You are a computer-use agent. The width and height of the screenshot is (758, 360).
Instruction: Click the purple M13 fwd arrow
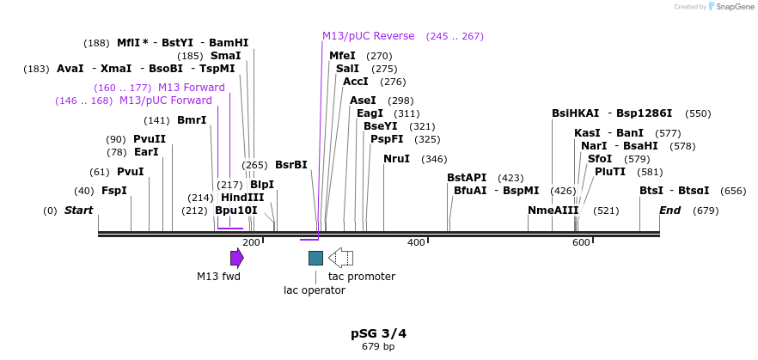[236, 258]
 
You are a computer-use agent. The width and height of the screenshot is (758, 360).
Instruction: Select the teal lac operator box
[315, 258]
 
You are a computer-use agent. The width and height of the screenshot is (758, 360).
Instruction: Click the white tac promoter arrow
[341, 258]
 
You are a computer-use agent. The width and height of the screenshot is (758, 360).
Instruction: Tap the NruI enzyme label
[396, 159]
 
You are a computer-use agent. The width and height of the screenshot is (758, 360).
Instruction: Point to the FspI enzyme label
[114, 191]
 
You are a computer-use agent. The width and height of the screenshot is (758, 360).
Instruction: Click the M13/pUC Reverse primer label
[368, 36]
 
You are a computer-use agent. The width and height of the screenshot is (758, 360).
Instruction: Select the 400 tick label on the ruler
[416, 243]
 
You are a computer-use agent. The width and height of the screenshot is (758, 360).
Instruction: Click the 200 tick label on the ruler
[251, 243]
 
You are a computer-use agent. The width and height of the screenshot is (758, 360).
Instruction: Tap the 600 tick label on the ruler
[581, 243]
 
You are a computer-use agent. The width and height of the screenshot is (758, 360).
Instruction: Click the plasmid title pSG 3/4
[378, 333]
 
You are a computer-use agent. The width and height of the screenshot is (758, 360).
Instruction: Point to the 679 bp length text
[378, 347]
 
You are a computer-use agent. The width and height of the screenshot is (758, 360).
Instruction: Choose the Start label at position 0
[78, 211]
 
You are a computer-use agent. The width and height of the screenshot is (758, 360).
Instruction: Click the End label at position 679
[669, 211]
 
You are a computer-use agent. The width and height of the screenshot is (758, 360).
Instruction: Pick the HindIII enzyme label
[242, 198]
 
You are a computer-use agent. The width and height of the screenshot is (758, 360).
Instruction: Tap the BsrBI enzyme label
[291, 165]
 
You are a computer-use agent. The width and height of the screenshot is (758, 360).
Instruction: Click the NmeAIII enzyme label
[553, 211]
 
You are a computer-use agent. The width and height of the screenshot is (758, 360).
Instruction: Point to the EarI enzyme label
[146, 152]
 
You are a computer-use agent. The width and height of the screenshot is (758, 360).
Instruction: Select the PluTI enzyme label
[610, 172]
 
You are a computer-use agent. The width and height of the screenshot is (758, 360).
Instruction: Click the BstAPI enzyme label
[467, 178]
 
